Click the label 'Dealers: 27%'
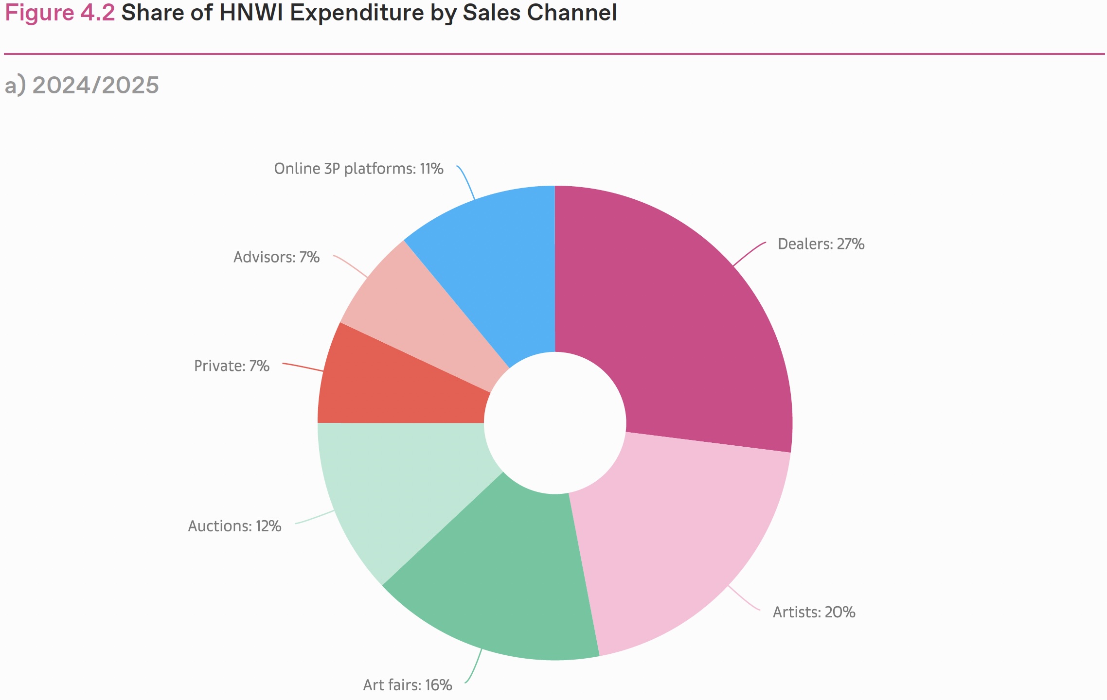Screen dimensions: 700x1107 coord(821,244)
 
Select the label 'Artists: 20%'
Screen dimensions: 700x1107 coord(814,612)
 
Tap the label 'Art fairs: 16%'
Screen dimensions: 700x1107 coord(408,685)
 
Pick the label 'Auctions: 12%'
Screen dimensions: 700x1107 coord(234,526)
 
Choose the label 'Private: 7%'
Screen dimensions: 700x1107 coord(232,366)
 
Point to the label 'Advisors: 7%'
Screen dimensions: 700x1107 coord(276,257)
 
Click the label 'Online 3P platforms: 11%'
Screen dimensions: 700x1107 coord(358,169)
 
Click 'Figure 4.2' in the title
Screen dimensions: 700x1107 coord(59,13)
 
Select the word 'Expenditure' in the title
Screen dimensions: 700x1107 coord(357,13)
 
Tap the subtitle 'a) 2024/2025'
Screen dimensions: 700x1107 coord(82,85)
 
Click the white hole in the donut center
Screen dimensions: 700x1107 coord(555,423)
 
